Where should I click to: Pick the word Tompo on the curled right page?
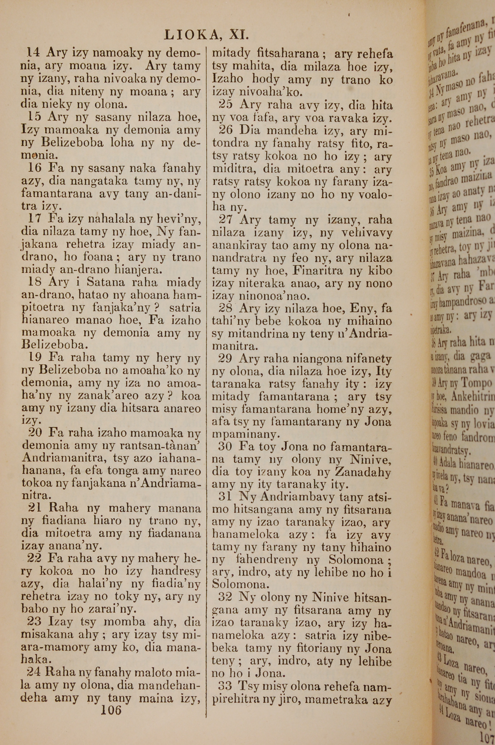[x=477, y=383]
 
